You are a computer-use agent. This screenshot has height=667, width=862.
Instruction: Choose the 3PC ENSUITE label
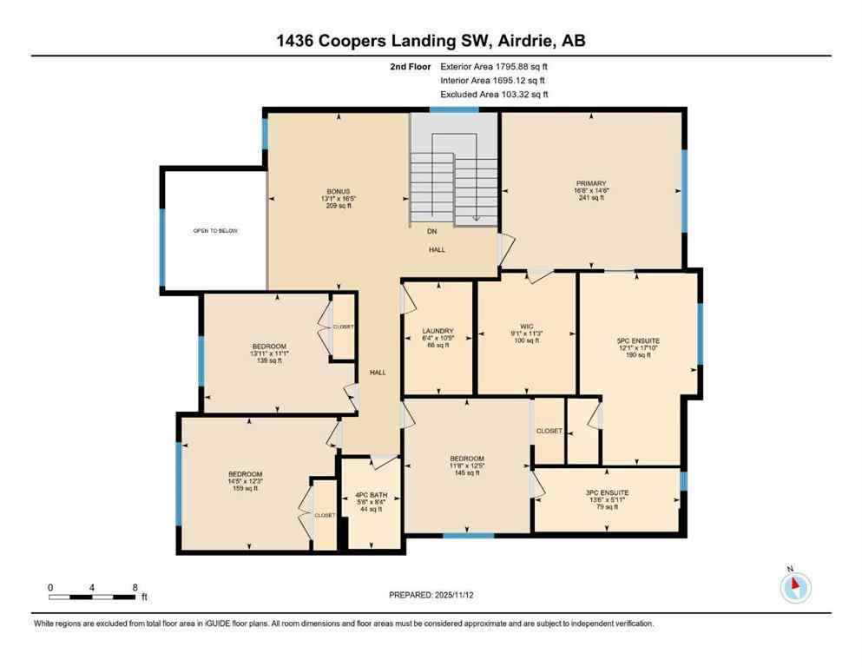(x=607, y=492)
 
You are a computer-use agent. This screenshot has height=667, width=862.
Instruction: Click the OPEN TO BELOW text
(x=215, y=231)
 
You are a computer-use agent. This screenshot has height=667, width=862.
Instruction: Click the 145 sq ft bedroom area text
(x=466, y=473)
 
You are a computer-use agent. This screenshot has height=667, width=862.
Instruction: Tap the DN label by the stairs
(x=431, y=232)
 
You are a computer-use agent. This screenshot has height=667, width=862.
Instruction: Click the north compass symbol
(x=795, y=587)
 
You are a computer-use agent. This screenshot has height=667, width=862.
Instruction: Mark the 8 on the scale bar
(x=135, y=587)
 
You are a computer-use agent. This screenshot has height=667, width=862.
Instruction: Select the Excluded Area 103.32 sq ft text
(x=495, y=94)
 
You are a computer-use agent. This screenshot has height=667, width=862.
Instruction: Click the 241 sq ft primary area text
(x=590, y=198)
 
